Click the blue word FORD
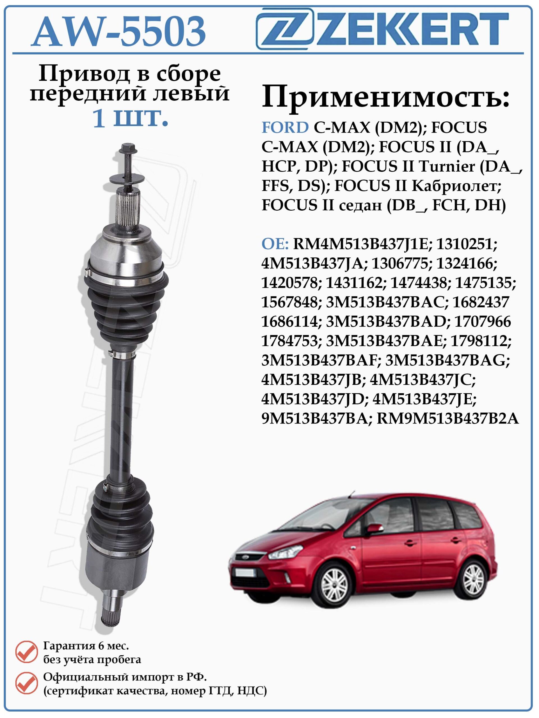[285, 128]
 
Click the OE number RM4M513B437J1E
[362, 244]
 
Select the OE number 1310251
[467, 244]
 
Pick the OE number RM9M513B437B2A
[448, 419]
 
